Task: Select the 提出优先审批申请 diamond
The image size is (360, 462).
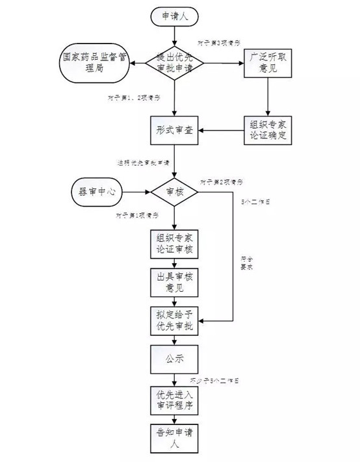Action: pos(174,63)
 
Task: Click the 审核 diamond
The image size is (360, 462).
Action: pos(174,192)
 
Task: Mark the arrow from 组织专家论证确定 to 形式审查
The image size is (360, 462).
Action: pos(221,132)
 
